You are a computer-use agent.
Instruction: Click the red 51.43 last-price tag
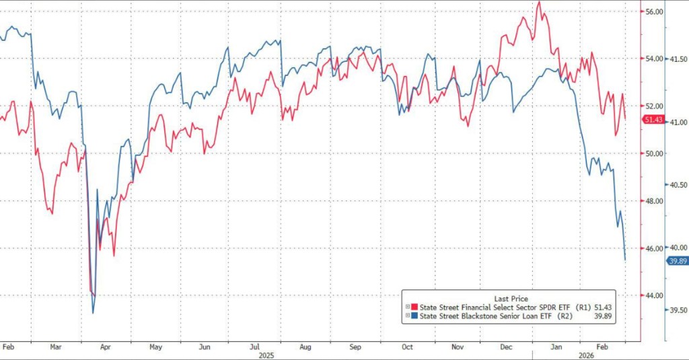[x=653, y=120]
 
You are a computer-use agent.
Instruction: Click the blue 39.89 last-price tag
[x=676, y=260]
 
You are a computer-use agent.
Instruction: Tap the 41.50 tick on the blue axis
[x=677, y=59]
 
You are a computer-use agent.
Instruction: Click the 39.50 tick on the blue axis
[x=677, y=311]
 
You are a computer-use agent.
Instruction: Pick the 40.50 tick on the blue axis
[x=677, y=185]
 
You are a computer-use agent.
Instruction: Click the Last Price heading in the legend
[x=511, y=298]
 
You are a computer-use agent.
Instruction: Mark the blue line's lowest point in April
[x=93, y=312]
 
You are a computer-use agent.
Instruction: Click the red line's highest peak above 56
[x=539, y=2]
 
